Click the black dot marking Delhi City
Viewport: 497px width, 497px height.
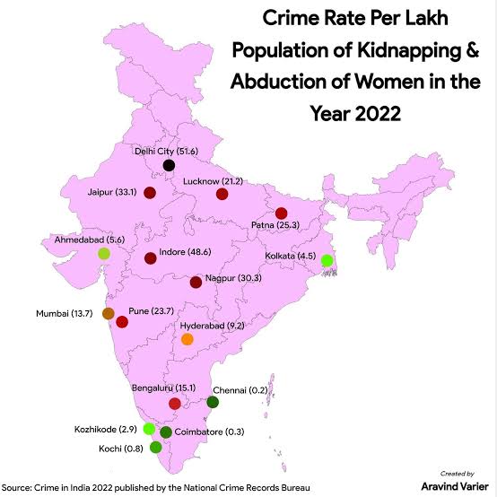(169, 165)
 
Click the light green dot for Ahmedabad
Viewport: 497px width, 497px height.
(104, 253)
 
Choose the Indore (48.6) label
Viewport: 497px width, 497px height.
(186, 253)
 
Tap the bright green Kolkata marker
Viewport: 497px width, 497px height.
(327, 260)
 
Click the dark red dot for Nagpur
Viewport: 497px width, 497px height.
(196, 283)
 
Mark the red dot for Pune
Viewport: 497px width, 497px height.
(122, 320)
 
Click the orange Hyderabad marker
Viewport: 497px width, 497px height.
(187, 339)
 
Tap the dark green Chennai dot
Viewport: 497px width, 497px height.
(213, 402)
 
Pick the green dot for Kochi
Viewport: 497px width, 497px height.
(156, 447)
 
